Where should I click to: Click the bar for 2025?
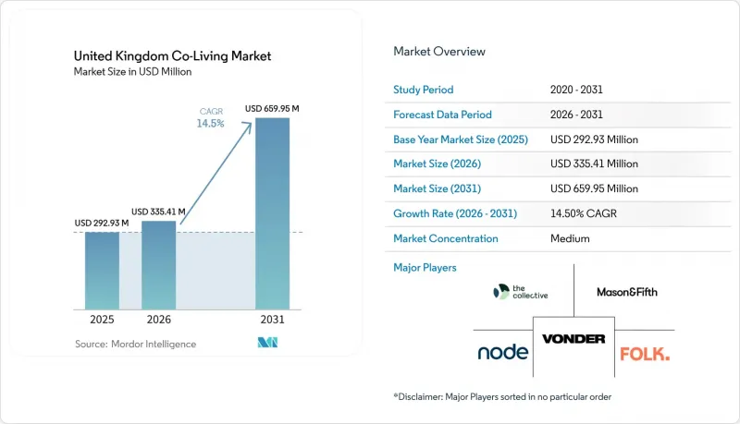click(102, 271)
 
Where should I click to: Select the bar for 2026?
click(158, 265)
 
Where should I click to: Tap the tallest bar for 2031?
click(272, 214)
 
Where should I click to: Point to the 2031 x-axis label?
click(272, 320)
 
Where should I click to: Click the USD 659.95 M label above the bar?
click(272, 109)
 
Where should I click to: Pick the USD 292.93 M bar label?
click(102, 223)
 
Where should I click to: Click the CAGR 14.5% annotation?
click(211, 118)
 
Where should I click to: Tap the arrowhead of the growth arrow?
click(248, 126)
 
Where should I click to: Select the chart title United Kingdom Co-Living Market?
click(172, 56)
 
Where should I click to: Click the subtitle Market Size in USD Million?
click(132, 72)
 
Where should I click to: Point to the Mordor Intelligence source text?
click(135, 344)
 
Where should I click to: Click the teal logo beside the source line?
click(267, 343)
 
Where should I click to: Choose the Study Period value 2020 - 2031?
click(576, 90)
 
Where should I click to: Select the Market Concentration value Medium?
click(570, 238)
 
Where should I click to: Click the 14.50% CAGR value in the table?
click(584, 213)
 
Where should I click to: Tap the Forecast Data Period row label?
click(442, 115)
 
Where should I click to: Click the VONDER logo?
click(573, 339)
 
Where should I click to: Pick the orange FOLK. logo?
click(645, 354)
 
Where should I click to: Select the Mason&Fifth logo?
click(627, 292)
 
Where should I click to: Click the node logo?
click(502, 352)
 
